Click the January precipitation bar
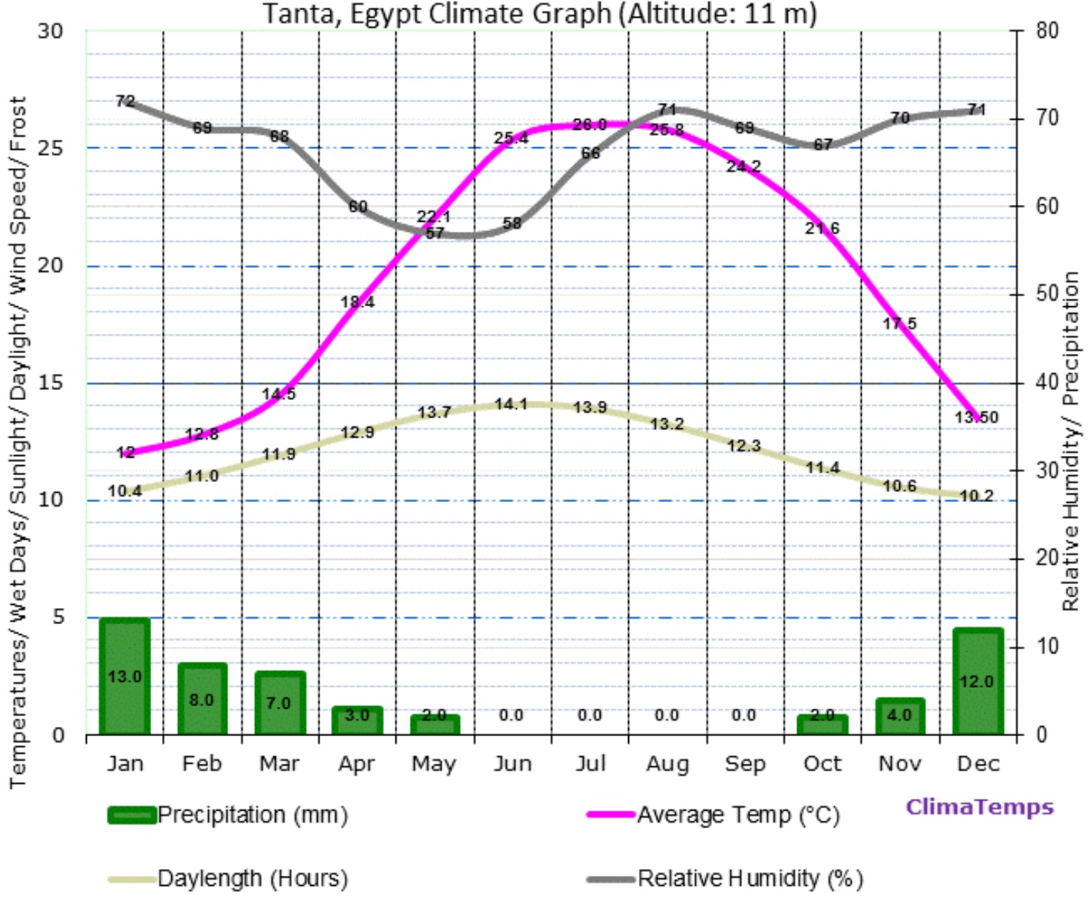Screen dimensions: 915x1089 [x=124, y=676]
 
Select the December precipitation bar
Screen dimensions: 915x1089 [x=977, y=681]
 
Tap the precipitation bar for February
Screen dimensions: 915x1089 [x=202, y=699]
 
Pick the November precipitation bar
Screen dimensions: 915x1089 [x=899, y=715]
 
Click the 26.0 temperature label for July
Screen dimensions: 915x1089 [x=590, y=124]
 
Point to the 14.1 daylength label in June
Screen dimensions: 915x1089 [x=511, y=404]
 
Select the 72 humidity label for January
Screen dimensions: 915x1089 [x=125, y=101]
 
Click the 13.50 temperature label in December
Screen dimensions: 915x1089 [x=976, y=417]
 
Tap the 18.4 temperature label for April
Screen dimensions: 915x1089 [x=357, y=302]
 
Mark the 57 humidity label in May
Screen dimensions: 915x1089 [x=435, y=233]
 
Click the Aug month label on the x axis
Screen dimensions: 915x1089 [x=667, y=764]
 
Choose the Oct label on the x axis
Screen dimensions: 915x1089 [x=823, y=764]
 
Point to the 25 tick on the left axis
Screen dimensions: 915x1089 [x=51, y=147]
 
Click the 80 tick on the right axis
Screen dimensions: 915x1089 [x=1046, y=31]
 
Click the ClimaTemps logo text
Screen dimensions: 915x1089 [x=979, y=807]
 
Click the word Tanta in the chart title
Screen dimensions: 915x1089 [x=302, y=13]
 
